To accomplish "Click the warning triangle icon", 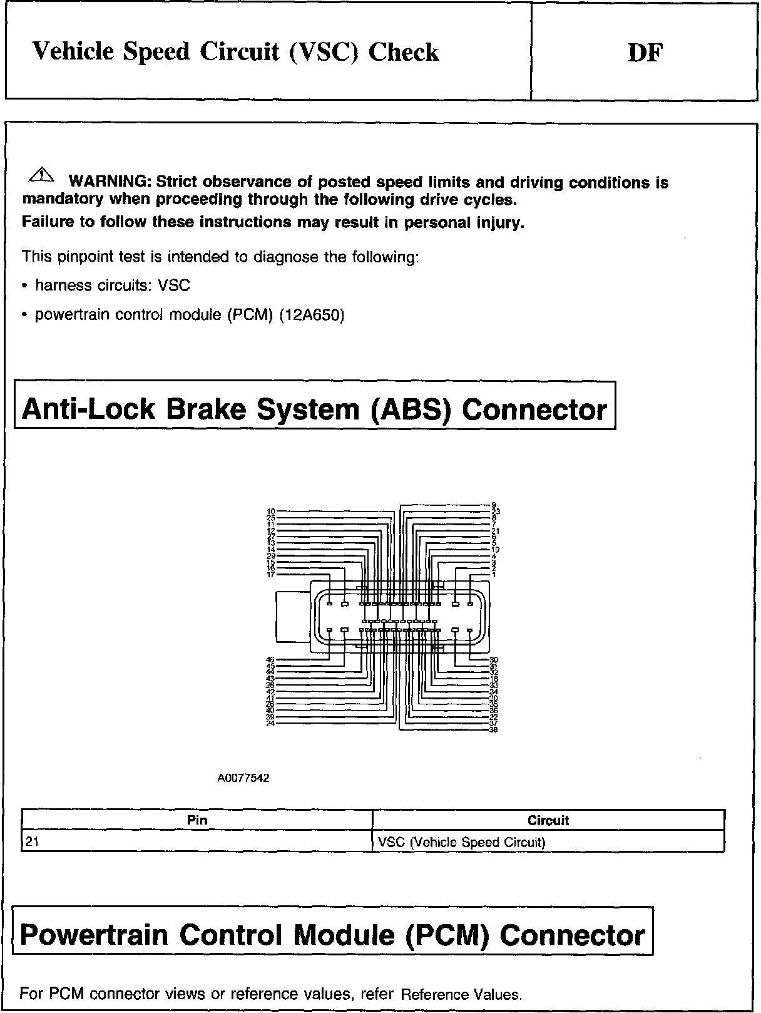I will tap(38, 175).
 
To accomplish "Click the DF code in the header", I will tap(645, 53).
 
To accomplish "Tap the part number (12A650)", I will tap(312, 315).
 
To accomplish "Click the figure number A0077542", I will tap(243, 779).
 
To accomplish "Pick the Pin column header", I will tap(197, 820).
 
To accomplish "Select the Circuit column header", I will tap(548, 820).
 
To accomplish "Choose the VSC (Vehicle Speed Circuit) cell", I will tap(462, 842).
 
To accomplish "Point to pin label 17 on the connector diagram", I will tap(270, 575).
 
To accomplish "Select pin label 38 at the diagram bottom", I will tap(493, 729).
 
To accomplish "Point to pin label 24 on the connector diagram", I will tap(270, 724).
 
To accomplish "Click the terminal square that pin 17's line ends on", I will tap(330, 604).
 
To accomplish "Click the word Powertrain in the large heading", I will tap(93, 935).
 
